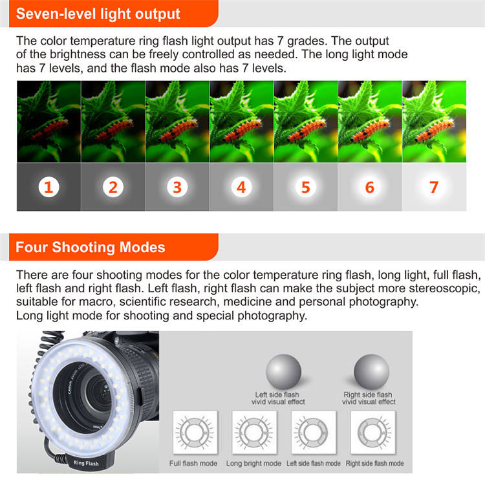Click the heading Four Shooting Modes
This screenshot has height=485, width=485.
tap(91, 247)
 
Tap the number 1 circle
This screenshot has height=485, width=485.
tap(48, 188)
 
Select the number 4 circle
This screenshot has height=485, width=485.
tap(241, 188)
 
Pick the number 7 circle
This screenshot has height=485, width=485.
tap(434, 188)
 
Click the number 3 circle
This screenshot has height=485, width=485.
tap(177, 188)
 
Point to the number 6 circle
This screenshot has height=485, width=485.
tap(370, 188)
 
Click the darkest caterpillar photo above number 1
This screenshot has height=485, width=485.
tap(48, 122)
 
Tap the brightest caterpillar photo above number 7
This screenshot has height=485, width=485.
tap(434, 122)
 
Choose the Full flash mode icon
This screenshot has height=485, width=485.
tap(193, 431)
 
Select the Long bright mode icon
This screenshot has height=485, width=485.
tap(253, 431)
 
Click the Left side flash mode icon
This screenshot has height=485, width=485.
tap(313, 431)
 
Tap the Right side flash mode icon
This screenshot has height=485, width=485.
tap(374, 431)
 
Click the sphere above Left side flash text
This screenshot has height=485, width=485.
tap(283, 370)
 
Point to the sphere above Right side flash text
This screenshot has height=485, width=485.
tap(372, 370)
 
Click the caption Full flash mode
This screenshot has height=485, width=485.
tap(193, 464)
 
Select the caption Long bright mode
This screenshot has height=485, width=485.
tap(253, 464)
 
